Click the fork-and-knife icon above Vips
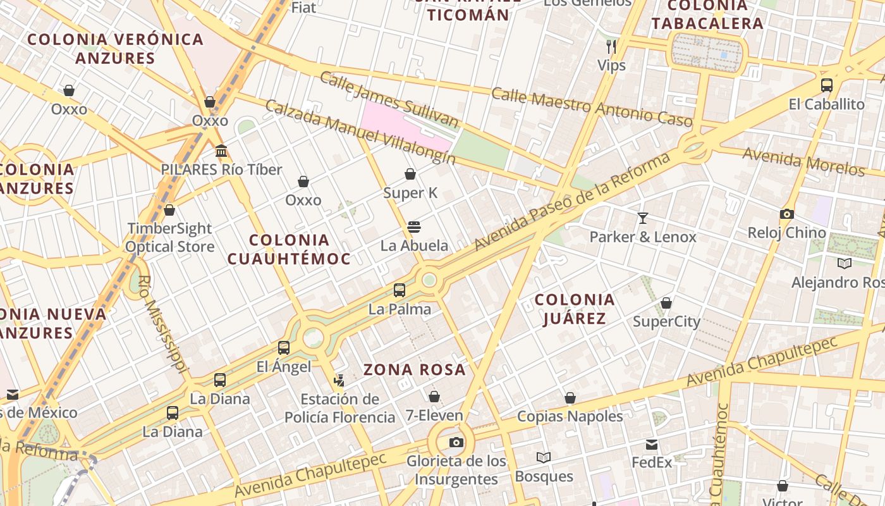611,46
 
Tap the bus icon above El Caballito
826,85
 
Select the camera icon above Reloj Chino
786,214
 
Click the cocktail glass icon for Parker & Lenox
643,218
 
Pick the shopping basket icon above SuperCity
666,303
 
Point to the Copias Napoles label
570,416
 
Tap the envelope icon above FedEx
652,444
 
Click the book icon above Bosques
543,457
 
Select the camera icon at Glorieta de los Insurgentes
456,442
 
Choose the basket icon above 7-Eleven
434,397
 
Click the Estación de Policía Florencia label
339,408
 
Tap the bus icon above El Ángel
283,347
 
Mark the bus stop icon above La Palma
399,290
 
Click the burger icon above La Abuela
414,226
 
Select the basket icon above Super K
410,174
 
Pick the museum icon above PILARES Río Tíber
221,151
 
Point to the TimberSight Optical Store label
169,237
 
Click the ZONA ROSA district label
414,369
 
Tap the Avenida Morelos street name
803,161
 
